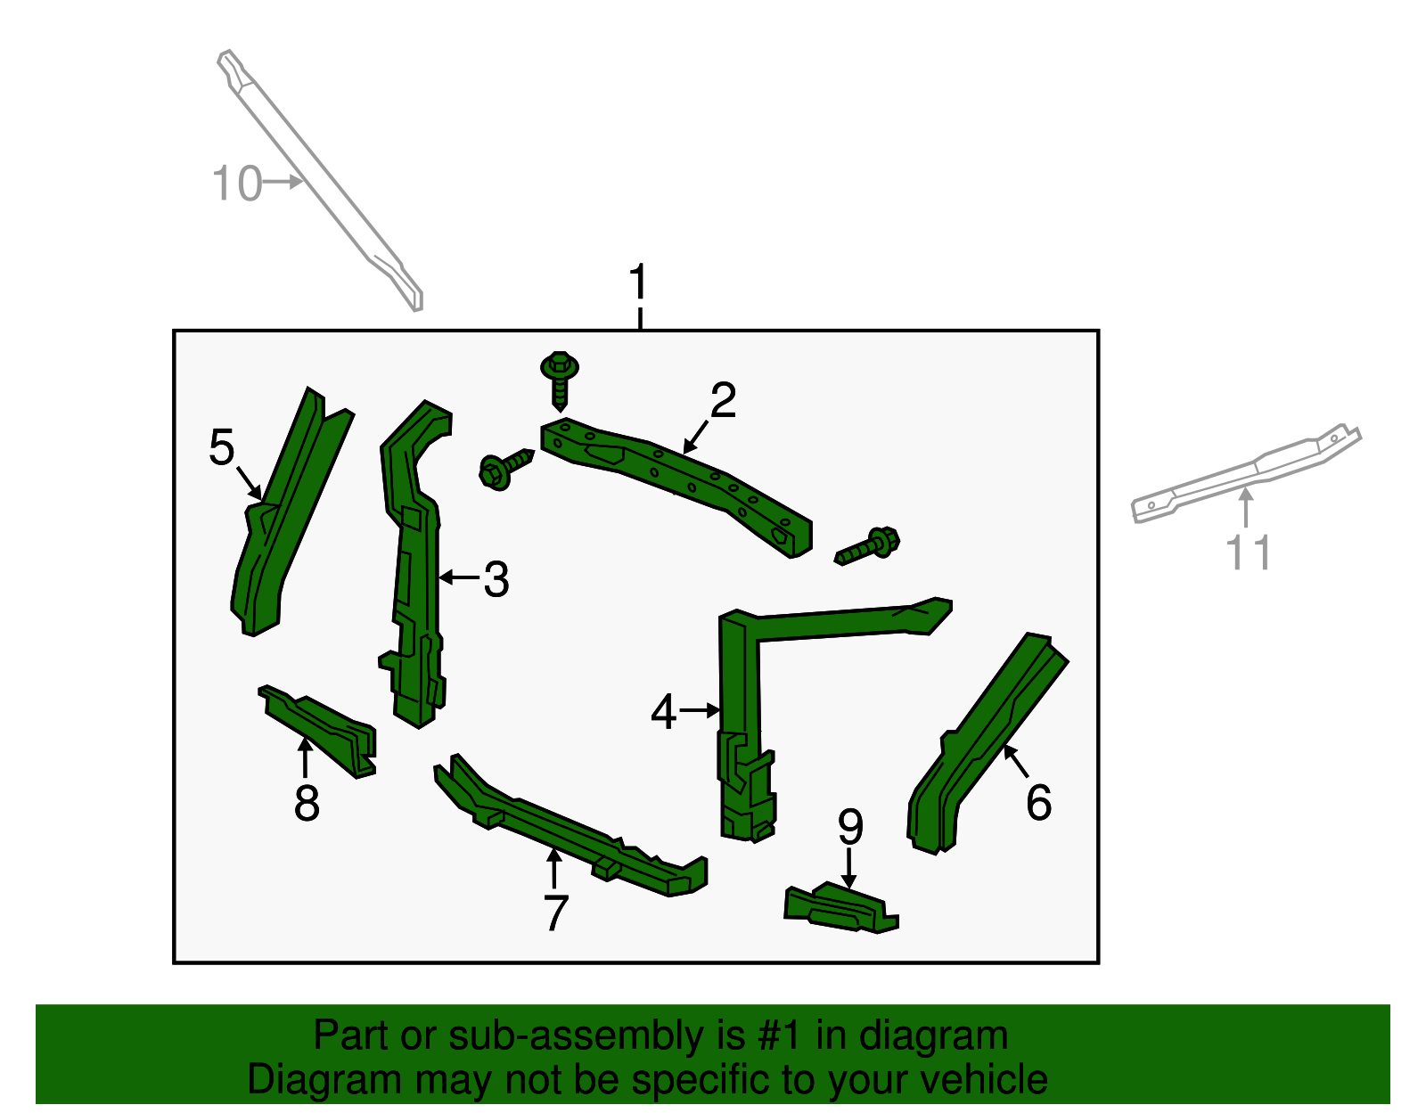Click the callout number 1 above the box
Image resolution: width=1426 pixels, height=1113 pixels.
click(x=638, y=282)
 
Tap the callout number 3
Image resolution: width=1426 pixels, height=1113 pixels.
click(x=496, y=579)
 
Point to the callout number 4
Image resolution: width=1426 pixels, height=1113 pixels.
click(x=663, y=712)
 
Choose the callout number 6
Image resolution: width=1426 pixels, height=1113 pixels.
click(x=1039, y=802)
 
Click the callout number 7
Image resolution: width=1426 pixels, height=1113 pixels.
click(x=556, y=912)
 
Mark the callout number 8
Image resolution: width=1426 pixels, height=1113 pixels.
click(x=307, y=803)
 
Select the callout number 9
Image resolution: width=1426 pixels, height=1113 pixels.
click(x=850, y=827)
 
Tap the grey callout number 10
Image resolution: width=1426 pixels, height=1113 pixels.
click(x=237, y=183)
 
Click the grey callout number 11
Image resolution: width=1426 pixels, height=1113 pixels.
click(x=1249, y=552)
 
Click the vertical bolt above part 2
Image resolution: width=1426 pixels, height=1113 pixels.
click(x=559, y=381)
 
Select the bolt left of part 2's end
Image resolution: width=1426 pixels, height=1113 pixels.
click(x=506, y=469)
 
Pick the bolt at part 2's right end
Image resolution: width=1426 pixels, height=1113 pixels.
click(x=867, y=545)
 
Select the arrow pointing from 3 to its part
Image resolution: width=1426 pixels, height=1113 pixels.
click(x=460, y=577)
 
